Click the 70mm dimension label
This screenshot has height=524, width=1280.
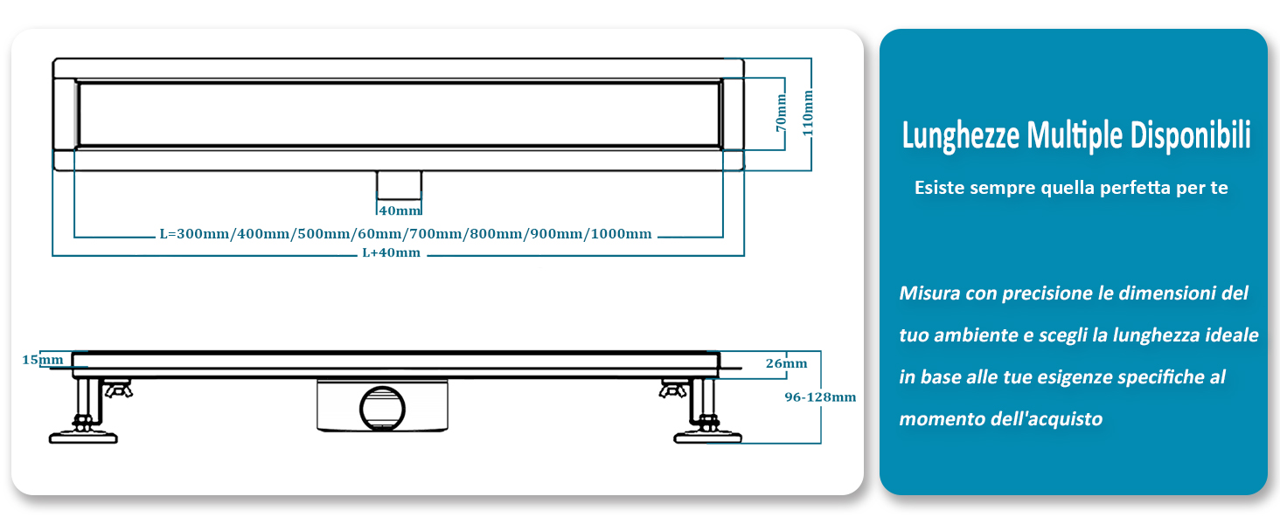click(x=783, y=114)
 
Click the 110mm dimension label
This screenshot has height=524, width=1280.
click(x=808, y=111)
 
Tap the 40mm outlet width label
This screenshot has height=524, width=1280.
click(x=400, y=210)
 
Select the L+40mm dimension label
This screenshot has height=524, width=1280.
click(x=391, y=253)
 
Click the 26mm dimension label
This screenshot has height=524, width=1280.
click(x=786, y=363)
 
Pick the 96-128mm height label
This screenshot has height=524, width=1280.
click(x=819, y=396)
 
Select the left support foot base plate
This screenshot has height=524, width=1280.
click(x=83, y=435)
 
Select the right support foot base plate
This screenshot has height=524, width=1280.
click(x=709, y=435)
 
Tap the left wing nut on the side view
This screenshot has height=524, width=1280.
click(x=116, y=387)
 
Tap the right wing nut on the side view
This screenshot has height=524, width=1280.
click(x=673, y=387)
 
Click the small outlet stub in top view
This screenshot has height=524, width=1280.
click(x=399, y=184)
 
